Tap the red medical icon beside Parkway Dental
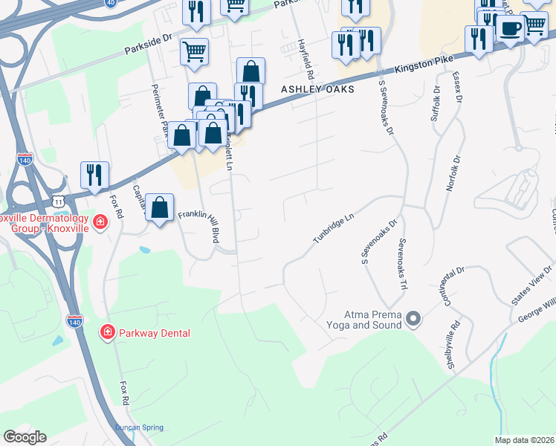tap(107, 332)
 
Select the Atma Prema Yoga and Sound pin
tap(414, 320)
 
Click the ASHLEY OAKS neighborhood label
tap(317, 89)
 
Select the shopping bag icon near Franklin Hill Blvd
tap(160, 208)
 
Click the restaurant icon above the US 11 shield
tap(94, 175)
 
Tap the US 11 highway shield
tap(58, 201)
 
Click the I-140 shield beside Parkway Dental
tap(74, 321)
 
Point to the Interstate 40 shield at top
tap(111, 3)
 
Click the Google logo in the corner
tap(25, 437)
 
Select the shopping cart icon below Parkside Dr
tap(194, 51)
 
